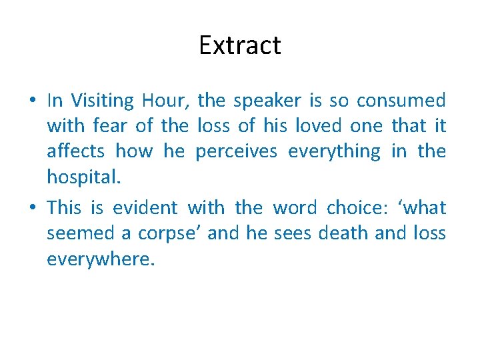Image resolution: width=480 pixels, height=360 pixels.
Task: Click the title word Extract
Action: pos(240,45)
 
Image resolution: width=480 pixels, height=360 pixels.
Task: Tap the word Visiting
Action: pos(102,101)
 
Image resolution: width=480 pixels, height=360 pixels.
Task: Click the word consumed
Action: pos(401,101)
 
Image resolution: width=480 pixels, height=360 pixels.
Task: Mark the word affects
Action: pos(75,151)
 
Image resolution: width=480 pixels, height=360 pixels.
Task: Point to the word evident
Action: pos(145,208)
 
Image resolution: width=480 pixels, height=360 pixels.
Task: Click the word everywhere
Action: pos(100,259)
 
